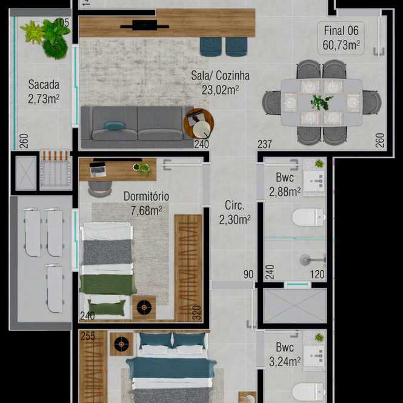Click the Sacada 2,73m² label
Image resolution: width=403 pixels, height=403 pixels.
pyautogui.click(x=44, y=92)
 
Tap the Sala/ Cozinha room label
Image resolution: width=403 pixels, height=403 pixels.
pyautogui.click(x=220, y=83)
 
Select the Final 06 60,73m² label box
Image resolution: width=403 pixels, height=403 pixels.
pyautogui.click(x=341, y=38)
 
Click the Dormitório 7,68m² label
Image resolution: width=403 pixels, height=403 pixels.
pyautogui.click(x=146, y=203)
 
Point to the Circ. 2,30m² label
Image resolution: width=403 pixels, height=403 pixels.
pyautogui.click(x=235, y=212)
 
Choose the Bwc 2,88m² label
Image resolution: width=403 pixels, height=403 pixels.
pyautogui.click(x=285, y=185)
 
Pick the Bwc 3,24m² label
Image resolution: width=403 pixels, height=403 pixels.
pyautogui.click(x=285, y=355)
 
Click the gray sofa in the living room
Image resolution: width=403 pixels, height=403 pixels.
pyautogui.click(x=137, y=127)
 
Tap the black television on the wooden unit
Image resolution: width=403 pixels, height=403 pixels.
pyautogui.click(x=144, y=25)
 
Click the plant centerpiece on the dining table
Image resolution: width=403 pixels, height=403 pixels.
pyautogui.click(x=321, y=102)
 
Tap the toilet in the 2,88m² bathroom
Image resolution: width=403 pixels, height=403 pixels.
pyautogui.click(x=308, y=217)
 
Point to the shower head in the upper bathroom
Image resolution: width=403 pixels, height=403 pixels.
pyautogui.click(x=305, y=259)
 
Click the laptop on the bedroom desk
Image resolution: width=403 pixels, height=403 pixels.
pyautogui.click(x=98, y=169)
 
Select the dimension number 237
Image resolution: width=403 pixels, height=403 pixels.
pyautogui.click(x=264, y=144)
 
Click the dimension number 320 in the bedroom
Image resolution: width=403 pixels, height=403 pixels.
pyautogui.click(x=196, y=313)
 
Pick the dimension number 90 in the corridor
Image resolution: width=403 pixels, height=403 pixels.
pyautogui.click(x=248, y=275)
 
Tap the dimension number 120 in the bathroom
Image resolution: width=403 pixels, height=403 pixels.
pyautogui.click(x=317, y=275)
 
